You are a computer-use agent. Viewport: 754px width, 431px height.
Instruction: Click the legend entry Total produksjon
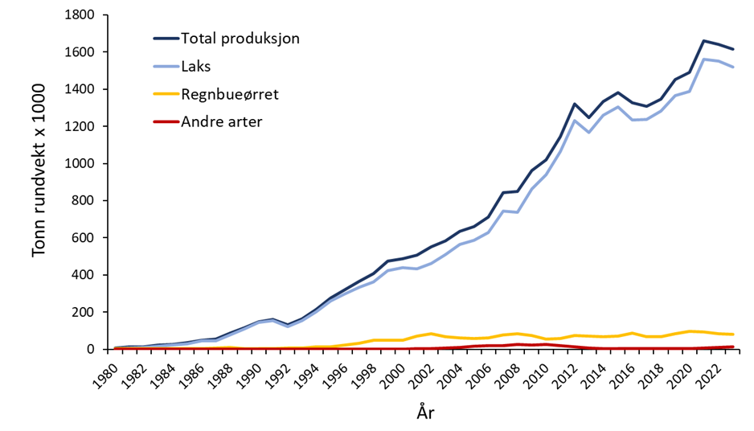coord(240,38)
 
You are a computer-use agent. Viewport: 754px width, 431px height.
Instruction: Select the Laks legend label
coord(197,66)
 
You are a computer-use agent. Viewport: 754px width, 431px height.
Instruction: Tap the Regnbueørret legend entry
coord(229,94)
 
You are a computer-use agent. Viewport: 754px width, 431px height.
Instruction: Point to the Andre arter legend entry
coord(221,122)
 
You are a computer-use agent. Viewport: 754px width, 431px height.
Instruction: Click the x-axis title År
coord(425,413)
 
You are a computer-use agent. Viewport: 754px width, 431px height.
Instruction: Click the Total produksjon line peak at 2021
coord(703,41)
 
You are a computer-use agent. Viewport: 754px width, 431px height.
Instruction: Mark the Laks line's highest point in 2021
coord(703,60)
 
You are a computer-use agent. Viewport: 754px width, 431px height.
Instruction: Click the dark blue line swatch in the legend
coord(165,38)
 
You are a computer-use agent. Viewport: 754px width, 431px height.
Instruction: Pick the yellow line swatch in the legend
coord(165,94)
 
